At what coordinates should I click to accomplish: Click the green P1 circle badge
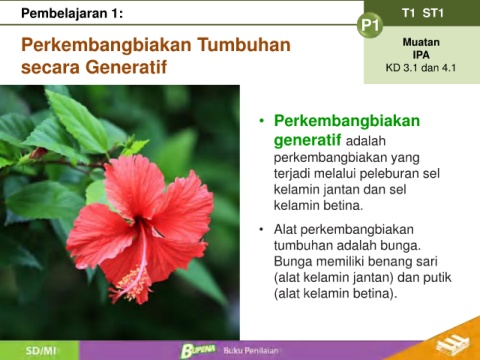tap(370, 25)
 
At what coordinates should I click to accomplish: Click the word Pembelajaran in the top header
tap(64, 13)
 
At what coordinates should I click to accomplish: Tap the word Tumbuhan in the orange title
tap(244, 45)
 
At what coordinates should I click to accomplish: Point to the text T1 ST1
tap(423, 13)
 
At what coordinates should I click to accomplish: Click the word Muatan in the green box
tap(421, 42)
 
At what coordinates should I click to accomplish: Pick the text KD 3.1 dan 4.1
tap(421, 68)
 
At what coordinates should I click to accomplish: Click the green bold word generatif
tap(307, 140)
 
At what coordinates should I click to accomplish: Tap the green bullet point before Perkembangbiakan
tap(262, 120)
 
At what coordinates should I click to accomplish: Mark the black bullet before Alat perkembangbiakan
tap(261, 229)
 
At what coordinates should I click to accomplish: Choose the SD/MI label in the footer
tap(41, 351)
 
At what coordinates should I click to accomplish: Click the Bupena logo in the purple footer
tap(198, 350)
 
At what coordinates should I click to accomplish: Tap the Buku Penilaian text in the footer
tap(251, 351)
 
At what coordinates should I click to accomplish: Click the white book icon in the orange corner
tap(453, 343)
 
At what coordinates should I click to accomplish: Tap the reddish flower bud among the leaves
tap(38, 153)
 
